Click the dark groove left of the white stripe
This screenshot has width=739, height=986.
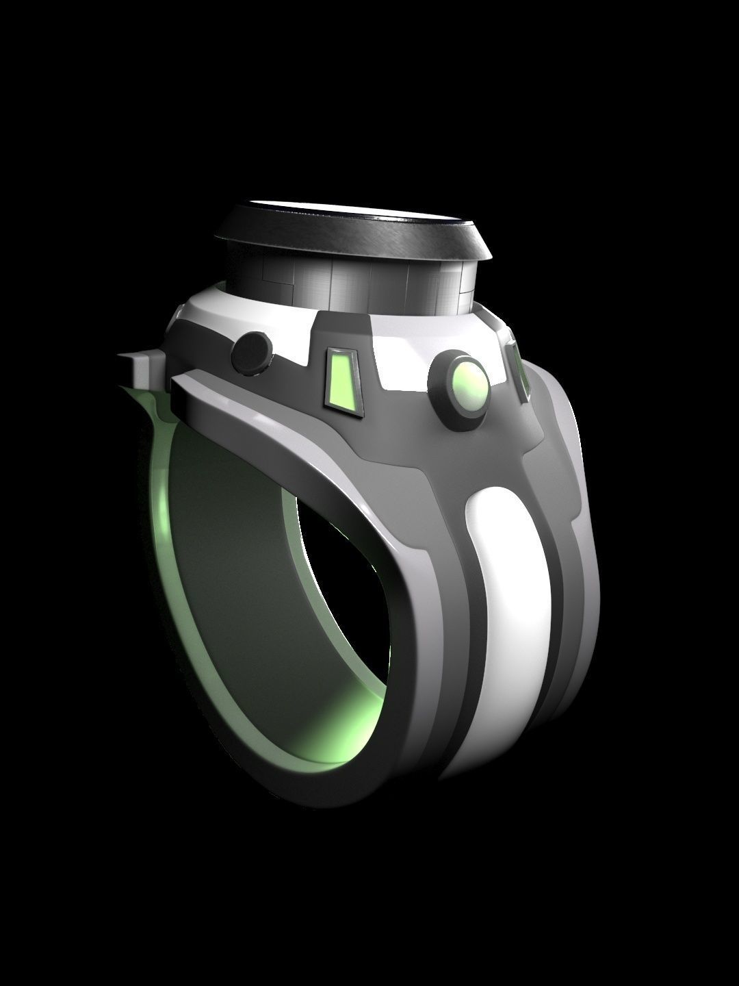point(458,616)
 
